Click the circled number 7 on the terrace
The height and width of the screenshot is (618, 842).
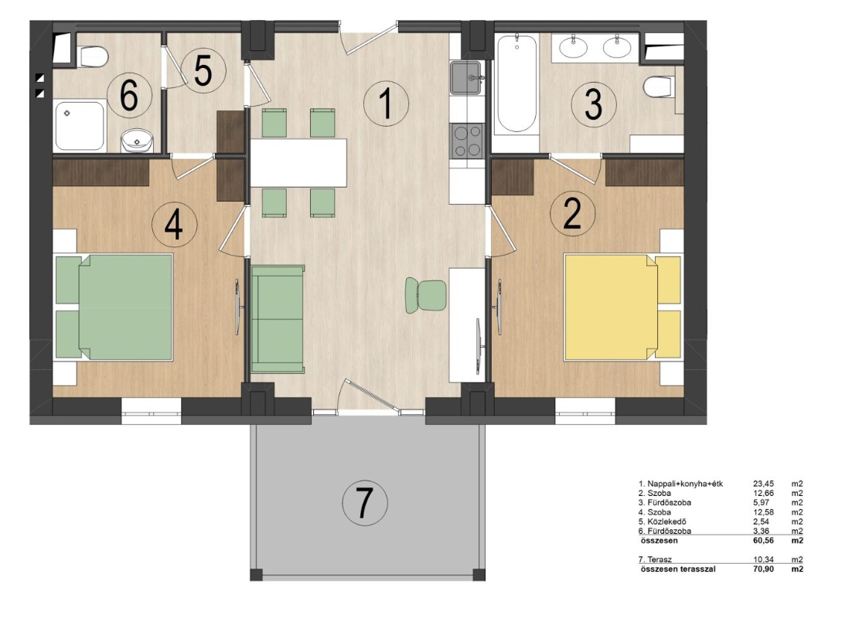[x=365, y=503]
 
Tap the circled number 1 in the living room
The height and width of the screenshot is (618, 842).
[x=386, y=104]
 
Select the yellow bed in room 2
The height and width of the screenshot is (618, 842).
[x=622, y=307]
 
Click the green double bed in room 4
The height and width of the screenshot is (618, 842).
[x=114, y=307]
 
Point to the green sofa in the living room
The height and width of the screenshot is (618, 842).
[x=278, y=318]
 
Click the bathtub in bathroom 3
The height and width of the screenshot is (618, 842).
[x=516, y=85]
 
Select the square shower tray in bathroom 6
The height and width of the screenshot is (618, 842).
[x=80, y=126]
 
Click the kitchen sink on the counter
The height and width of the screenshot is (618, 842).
[x=465, y=78]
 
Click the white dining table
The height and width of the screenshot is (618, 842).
[x=298, y=162]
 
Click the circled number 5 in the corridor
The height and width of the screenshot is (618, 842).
[x=203, y=71]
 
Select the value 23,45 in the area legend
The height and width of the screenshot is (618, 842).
[x=764, y=484]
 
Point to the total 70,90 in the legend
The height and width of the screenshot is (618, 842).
[x=764, y=569]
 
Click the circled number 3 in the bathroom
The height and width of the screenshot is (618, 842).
[x=593, y=104]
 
